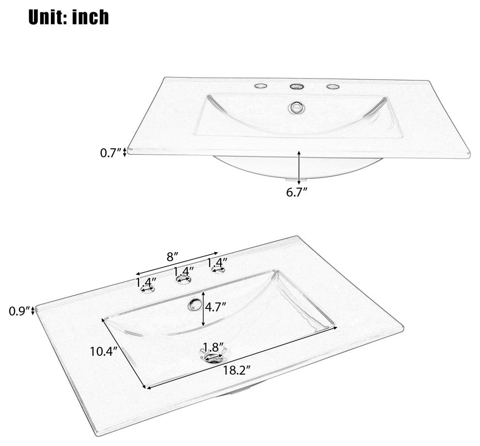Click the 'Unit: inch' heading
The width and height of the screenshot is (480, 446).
(x=68, y=17)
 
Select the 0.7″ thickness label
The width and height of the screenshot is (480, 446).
(x=111, y=152)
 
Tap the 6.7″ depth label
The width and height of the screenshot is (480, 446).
(x=296, y=192)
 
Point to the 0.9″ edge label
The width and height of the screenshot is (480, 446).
(x=20, y=311)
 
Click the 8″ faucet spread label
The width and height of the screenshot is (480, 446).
(x=172, y=257)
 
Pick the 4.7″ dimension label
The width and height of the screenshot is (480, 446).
(x=215, y=306)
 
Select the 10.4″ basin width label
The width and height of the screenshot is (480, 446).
(x=104, y=351)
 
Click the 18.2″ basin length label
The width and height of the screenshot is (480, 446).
(x=236, y=371)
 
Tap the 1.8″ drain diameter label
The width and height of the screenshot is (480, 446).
(x=214, y=347)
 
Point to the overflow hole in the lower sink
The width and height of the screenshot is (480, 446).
(x=193, y=305)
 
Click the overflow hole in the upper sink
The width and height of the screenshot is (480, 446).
(x=296, y=108)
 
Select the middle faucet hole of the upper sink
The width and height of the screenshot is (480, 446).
(x=296, y=87)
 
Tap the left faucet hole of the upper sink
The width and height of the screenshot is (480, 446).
(x=261, y=86)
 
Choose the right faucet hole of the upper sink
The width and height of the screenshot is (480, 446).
(x=333, y=87)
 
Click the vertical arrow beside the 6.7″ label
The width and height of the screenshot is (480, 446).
(x=299, y=166)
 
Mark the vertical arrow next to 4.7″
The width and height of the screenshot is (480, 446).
(x=203, y=308)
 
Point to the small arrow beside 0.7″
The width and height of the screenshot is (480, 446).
(x=124, y=152)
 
